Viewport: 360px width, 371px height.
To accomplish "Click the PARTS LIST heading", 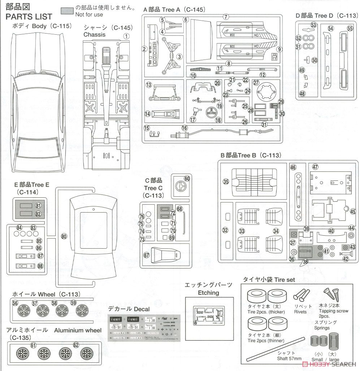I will (29, 17).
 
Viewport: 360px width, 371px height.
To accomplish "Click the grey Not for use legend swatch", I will (67, 11).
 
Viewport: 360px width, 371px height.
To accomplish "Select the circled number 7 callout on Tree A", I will (226, 17).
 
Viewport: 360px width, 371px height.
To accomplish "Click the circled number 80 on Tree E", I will (64, 236).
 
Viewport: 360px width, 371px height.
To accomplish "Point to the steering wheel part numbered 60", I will (180, 186).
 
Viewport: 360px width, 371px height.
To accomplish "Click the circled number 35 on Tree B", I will (226, 182).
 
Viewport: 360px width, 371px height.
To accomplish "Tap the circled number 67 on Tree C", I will (146, 255).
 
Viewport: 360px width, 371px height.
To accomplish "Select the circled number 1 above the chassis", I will (126, 36).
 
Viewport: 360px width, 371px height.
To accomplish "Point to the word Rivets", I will (300, 312).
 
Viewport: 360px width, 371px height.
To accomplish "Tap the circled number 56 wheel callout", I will (15, 303).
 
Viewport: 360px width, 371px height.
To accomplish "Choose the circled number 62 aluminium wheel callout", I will (76, 345).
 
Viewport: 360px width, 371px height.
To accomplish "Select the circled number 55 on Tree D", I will (350, 29).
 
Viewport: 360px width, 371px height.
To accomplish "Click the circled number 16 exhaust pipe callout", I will (185, 128).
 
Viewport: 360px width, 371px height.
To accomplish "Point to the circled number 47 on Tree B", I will (315, 167).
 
